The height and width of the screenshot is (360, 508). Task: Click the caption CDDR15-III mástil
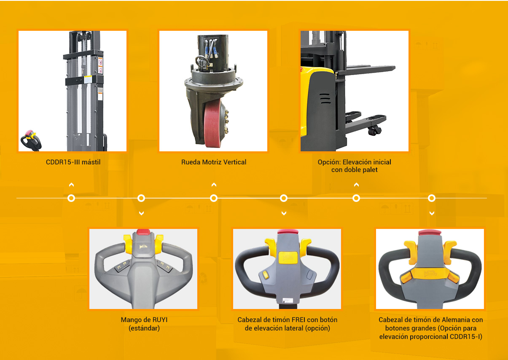point(73,162)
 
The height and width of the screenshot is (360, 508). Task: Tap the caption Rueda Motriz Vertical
point(214,162)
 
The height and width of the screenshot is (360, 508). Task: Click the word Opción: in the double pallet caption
point(329,162)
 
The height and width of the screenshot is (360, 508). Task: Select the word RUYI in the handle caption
point(160,320)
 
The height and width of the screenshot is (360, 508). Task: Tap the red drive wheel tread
point(212,124)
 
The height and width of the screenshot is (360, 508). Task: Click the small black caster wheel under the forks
point(374,131)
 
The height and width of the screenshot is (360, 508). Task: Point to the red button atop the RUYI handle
point(143,232)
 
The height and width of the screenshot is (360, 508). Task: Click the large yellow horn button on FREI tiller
point(288,258)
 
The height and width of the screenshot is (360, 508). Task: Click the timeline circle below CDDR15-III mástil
point(71,199)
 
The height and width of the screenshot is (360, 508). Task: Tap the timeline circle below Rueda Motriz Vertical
point(214,199)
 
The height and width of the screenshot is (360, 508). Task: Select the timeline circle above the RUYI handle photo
point(141,199)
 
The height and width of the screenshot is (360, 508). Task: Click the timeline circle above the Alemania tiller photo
point(432,199)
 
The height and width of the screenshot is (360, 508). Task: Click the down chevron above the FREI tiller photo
point(284,213)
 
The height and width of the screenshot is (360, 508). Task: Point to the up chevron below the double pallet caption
point(356,185)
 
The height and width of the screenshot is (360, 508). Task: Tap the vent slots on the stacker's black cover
point(325,98)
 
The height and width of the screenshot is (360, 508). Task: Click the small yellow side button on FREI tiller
point(266,275)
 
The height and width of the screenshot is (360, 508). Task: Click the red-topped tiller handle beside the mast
point(31,140)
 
